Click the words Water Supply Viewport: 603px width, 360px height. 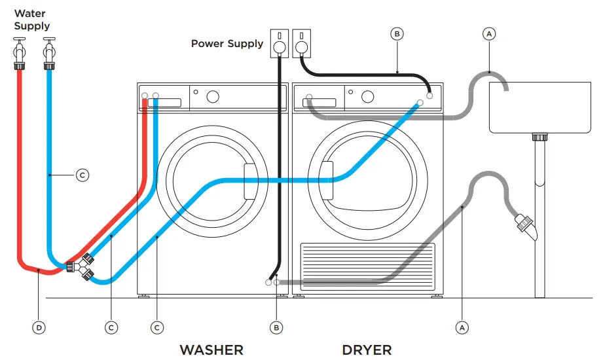coord(31,20)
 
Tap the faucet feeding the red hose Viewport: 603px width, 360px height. coord(18,52)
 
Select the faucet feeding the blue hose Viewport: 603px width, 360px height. coord(49,52)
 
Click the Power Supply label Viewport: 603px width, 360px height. coord(227,44)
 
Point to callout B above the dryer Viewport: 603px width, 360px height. coord(397,32)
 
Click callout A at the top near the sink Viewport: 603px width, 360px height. coord(489,32)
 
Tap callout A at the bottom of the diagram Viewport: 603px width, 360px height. coord(462,327)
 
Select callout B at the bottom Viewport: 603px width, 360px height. coord(277,327)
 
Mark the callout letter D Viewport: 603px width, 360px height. coord(39,327)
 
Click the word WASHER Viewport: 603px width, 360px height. coord(211,350)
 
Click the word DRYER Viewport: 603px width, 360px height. coord(367,350)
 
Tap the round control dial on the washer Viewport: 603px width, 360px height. coord(213,97)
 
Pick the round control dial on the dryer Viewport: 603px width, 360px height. coord(367,97)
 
